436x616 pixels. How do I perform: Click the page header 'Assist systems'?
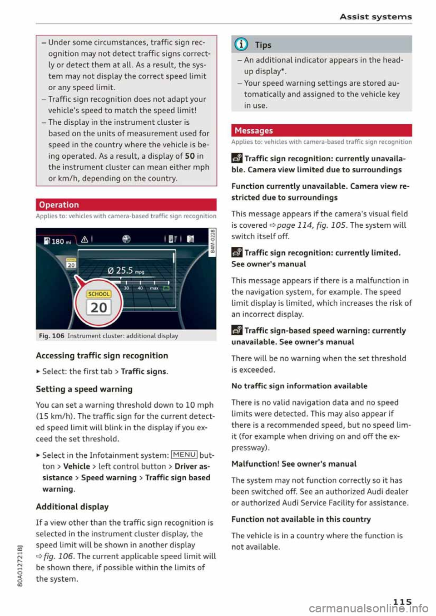coord(376,17)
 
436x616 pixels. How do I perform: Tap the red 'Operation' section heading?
coord(59,205)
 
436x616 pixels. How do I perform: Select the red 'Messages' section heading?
coord(253,131)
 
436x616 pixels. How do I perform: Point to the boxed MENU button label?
coord(184,455)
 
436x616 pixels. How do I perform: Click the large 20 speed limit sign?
coord(99,308)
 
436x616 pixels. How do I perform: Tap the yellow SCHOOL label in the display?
coord(99,294)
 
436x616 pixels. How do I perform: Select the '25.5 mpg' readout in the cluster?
coord(125,271)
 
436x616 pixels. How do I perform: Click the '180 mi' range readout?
coord(57,241)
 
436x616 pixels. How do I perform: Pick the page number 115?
coord(402,601)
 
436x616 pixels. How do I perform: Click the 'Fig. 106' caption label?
coord(51,336)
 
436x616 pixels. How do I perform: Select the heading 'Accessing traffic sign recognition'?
coord(102,356)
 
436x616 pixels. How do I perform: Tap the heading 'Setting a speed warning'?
coord(84,389)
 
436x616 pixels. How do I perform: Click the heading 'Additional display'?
coord(72,507)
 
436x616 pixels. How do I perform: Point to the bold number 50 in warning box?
coord(190,156)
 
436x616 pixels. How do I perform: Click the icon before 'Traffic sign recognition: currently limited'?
coord(237,253)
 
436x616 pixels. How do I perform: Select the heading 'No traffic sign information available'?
coord(299,386)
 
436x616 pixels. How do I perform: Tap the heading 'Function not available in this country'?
coord(301,519)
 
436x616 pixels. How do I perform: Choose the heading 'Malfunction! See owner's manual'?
coord(294,464)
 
